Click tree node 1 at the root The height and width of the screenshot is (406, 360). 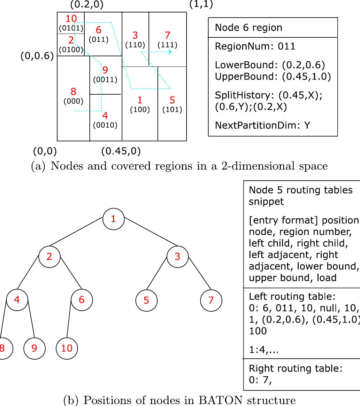[x=113, y=219]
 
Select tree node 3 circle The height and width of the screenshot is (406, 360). [x=178, y=256]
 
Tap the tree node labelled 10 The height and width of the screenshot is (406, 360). [x=66, y=348]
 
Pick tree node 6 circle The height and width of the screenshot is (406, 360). [x=82, y=300]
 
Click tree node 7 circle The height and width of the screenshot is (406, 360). [x=211, y=300]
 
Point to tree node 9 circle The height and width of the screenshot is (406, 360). [x=34, y=348]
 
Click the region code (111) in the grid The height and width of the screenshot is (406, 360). [x=168, y=45]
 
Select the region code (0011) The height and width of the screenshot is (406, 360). [x=105, y=80]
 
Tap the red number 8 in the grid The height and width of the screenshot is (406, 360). [x=73, y=92]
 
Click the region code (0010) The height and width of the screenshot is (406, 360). [x=105, y=125]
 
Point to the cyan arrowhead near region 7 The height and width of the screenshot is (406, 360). [x=170, y=51]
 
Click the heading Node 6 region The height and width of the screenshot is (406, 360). [x=249, y=27]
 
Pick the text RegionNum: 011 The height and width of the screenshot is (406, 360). [x=255, y=47]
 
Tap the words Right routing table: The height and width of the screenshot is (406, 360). [x=295, y=368]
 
